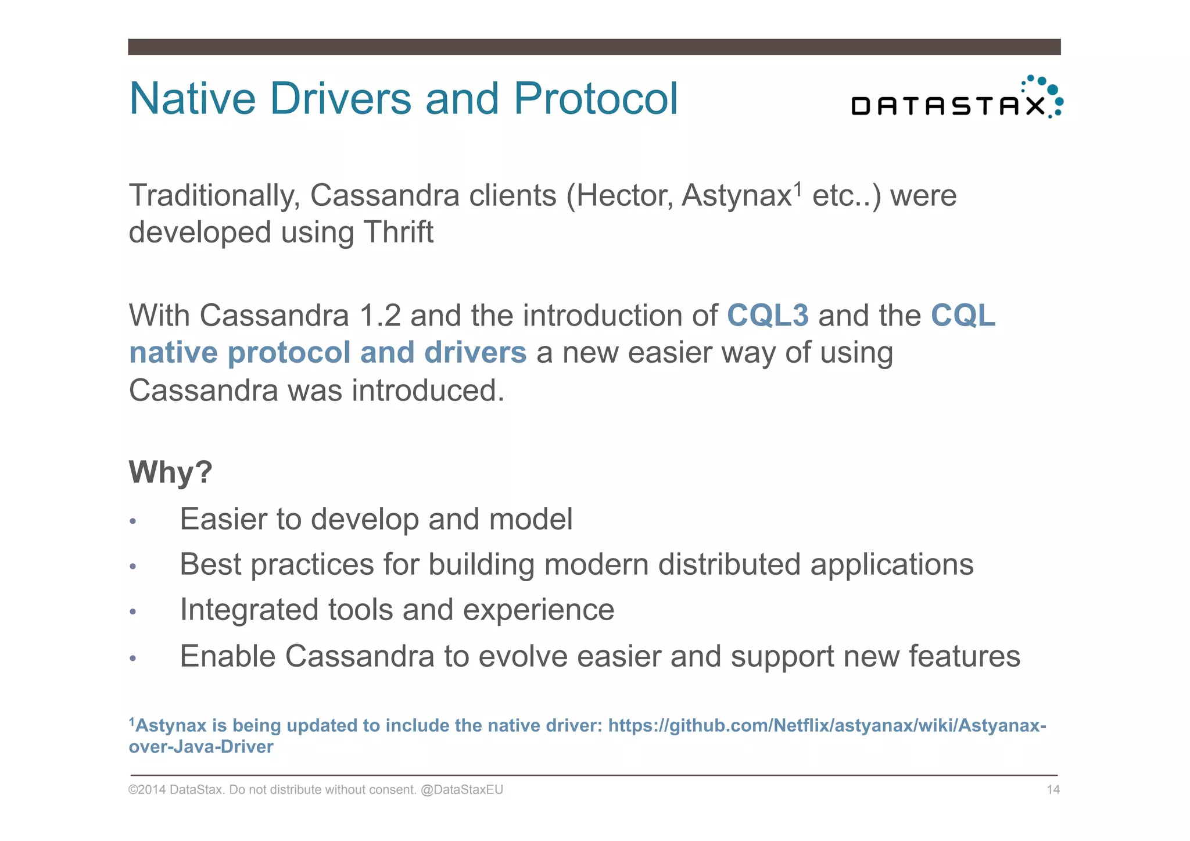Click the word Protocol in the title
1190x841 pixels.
point(596,99)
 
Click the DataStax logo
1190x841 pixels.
point(956,99)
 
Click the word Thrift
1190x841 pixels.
point(399,232)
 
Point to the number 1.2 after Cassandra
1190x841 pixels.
point(380,316)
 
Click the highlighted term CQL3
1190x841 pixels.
point(768,316)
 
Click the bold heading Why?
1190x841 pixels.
point(170,472)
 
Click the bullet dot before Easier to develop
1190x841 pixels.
point(133,521)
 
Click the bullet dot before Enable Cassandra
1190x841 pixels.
point(133,659)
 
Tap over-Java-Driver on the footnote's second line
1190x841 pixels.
point(200,747)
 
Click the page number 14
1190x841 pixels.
point(1053,790)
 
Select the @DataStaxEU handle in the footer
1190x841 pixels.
point(461,790)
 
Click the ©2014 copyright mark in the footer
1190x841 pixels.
point(146,790)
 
